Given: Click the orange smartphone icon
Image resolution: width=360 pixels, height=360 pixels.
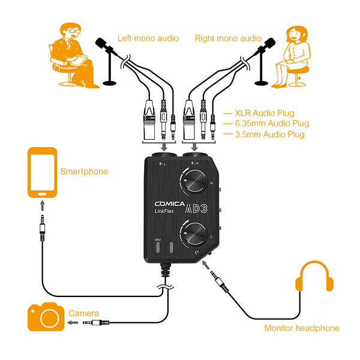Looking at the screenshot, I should pyautogui.click(x=41, y=173).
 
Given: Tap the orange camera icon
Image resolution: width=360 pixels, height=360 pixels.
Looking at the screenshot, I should pyautogui.click(x=45, y=318).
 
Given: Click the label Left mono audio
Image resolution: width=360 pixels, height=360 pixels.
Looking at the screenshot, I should pyautogui.click(x=148, y=38).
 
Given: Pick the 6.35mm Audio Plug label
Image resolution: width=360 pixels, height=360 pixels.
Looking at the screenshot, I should pyautogui.click(x=271, y=123).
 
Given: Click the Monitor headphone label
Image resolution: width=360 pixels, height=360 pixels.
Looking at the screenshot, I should pyautogui.click(x=302, y=328).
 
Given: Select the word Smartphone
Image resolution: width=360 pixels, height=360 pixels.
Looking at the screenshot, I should pyautogui.click(x=84, y=172).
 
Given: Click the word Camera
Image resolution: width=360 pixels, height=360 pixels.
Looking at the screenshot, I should pyautogui.click(x=84, y=314).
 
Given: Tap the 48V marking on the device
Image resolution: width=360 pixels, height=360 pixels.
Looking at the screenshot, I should pyautogui.click(x=158, y=239).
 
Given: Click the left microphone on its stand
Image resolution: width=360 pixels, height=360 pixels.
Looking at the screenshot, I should pyautogui.click(x=104, y=44).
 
